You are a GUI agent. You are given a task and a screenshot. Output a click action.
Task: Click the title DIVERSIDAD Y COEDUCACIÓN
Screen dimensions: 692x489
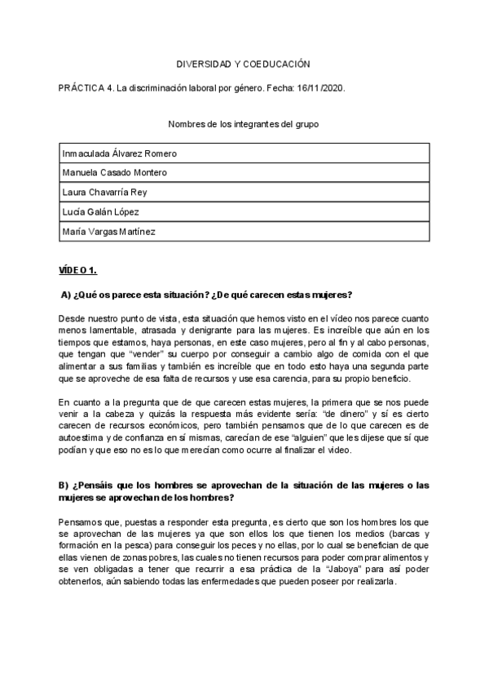point(244,64)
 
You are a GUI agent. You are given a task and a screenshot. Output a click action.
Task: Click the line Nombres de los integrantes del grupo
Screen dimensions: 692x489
point(244,125)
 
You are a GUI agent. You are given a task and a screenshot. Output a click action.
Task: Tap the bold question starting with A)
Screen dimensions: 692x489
point(212,295)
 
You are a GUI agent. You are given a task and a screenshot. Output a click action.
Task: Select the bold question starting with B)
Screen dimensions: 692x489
point(244,491)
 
